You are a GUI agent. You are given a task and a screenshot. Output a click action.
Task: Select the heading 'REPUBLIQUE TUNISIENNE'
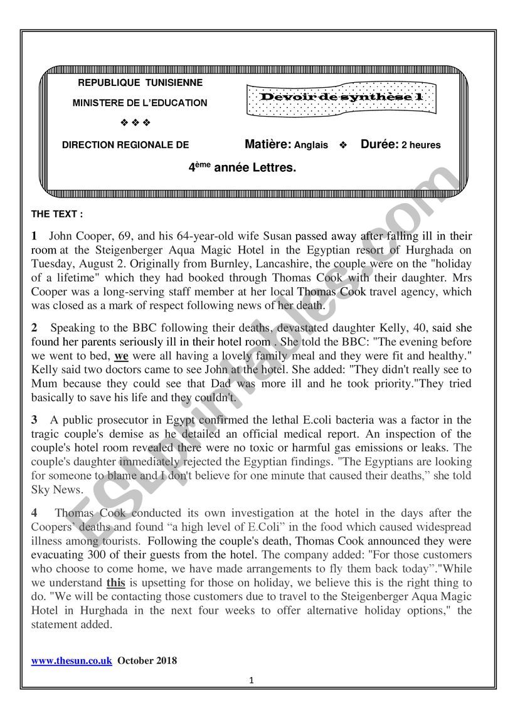tap(140, 83)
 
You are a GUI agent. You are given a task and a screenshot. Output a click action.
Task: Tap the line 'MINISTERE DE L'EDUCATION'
tap(140, 102)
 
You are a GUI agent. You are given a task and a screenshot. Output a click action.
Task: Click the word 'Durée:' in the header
tap(380, 145)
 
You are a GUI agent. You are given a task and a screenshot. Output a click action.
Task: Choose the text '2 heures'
tap(421, 145)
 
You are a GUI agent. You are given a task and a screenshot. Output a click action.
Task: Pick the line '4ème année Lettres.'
tap(242, 167)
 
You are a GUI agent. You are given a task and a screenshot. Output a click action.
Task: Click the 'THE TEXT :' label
tap(57, 214)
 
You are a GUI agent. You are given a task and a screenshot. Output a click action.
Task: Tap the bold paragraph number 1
tap(35, 236)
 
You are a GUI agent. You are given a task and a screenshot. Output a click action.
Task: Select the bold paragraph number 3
tap(35, 419)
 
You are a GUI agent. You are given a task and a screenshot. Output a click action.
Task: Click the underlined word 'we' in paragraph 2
tap(121, 356)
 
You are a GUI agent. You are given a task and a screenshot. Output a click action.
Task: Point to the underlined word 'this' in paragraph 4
tap(116, 583)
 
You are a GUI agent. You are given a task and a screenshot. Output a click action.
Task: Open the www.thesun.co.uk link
tap(72, 660)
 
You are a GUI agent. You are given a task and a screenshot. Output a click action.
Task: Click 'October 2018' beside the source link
tap(147, 660)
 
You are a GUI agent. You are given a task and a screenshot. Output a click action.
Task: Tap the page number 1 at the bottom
tap(251, 680)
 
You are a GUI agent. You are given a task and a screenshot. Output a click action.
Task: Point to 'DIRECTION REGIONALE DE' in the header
tap(125, 145)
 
